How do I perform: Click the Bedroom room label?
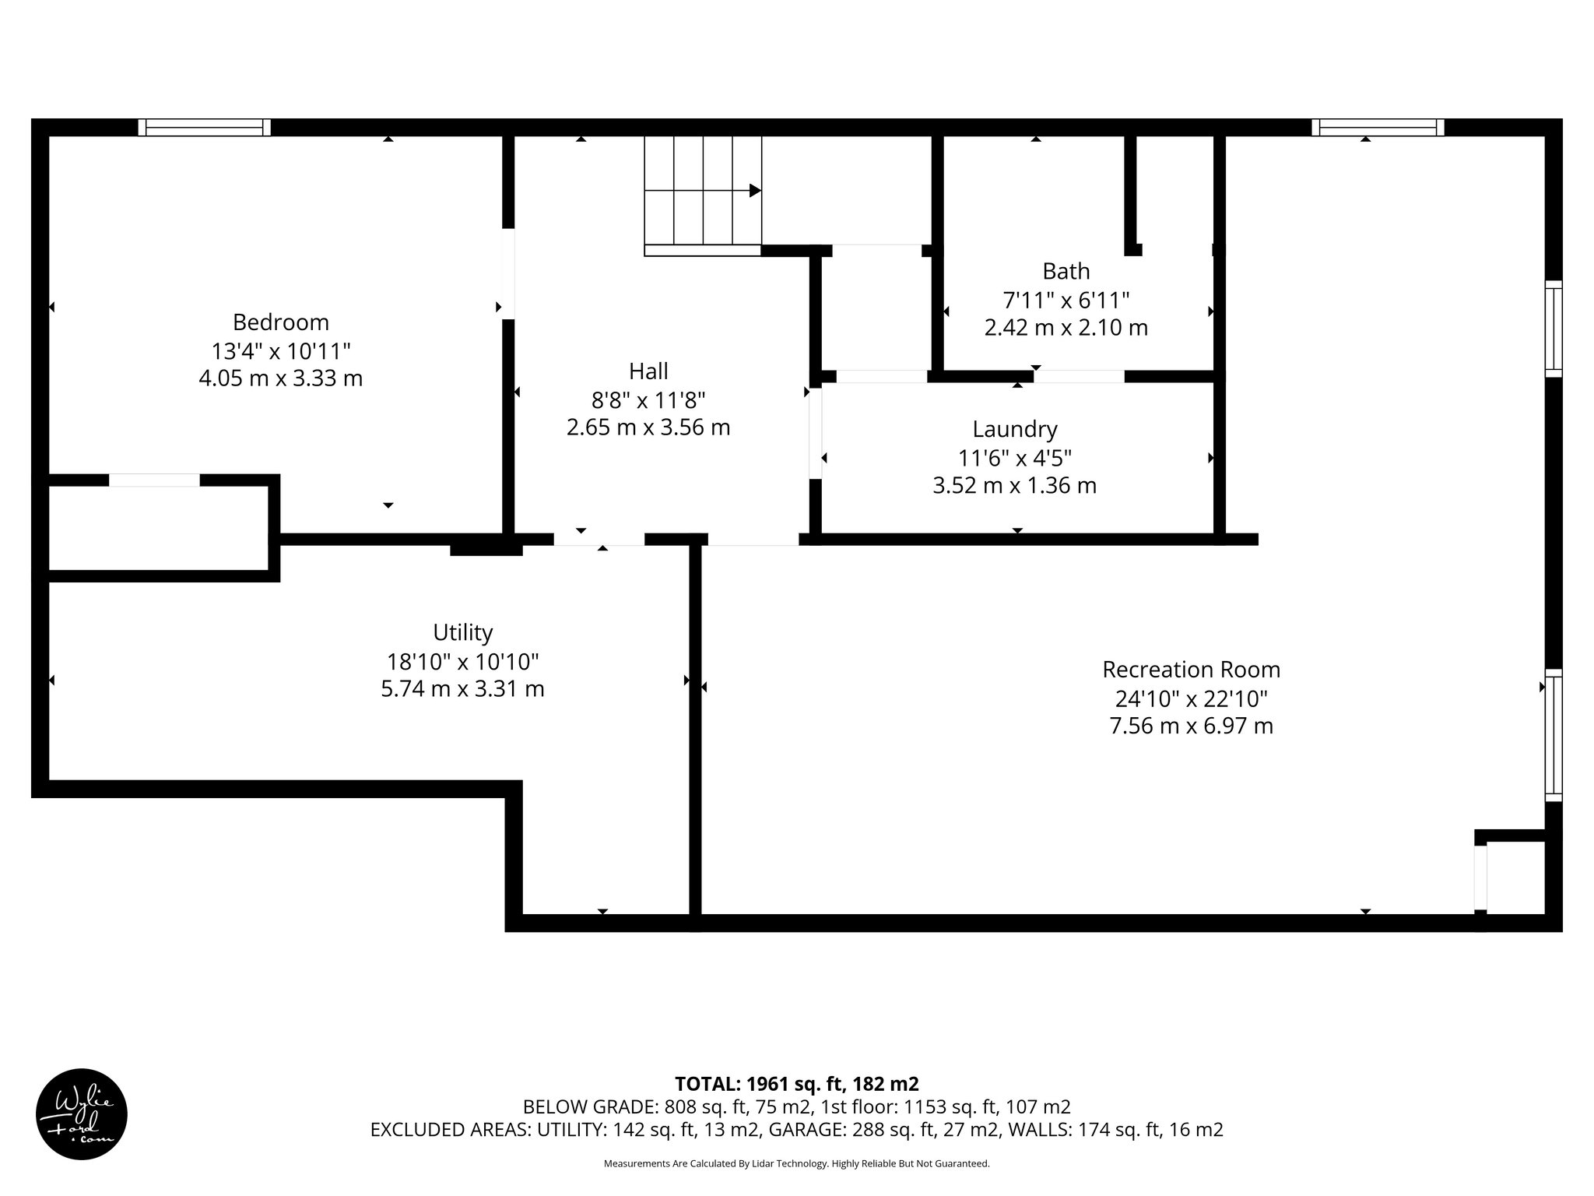click(x=280, y=322)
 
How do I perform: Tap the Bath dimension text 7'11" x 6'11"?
click(x=1066, y=300)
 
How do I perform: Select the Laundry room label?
click(x=1014, y=429)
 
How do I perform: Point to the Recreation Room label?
click(x=1191, y=670)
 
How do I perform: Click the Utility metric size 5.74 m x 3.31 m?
click(x=462, y=689)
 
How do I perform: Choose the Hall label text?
click(x=648, y=371)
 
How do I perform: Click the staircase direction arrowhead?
click(x=754, y=190)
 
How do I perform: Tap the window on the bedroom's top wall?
click(x=205, y=128)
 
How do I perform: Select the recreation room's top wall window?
click(x=1378, y=128)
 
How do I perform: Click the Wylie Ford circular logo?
click(x=82, y=1113)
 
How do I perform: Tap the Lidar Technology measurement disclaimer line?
click(x=796, y=1164)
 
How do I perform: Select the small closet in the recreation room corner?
click(x=1515, y=878)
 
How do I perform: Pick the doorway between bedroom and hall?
click(x=508, y=273)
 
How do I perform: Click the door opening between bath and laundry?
click(x=1079, y=377)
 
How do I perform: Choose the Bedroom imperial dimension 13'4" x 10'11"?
click(x=280, y=350)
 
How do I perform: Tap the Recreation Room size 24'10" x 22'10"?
click(x=1191, y=698)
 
